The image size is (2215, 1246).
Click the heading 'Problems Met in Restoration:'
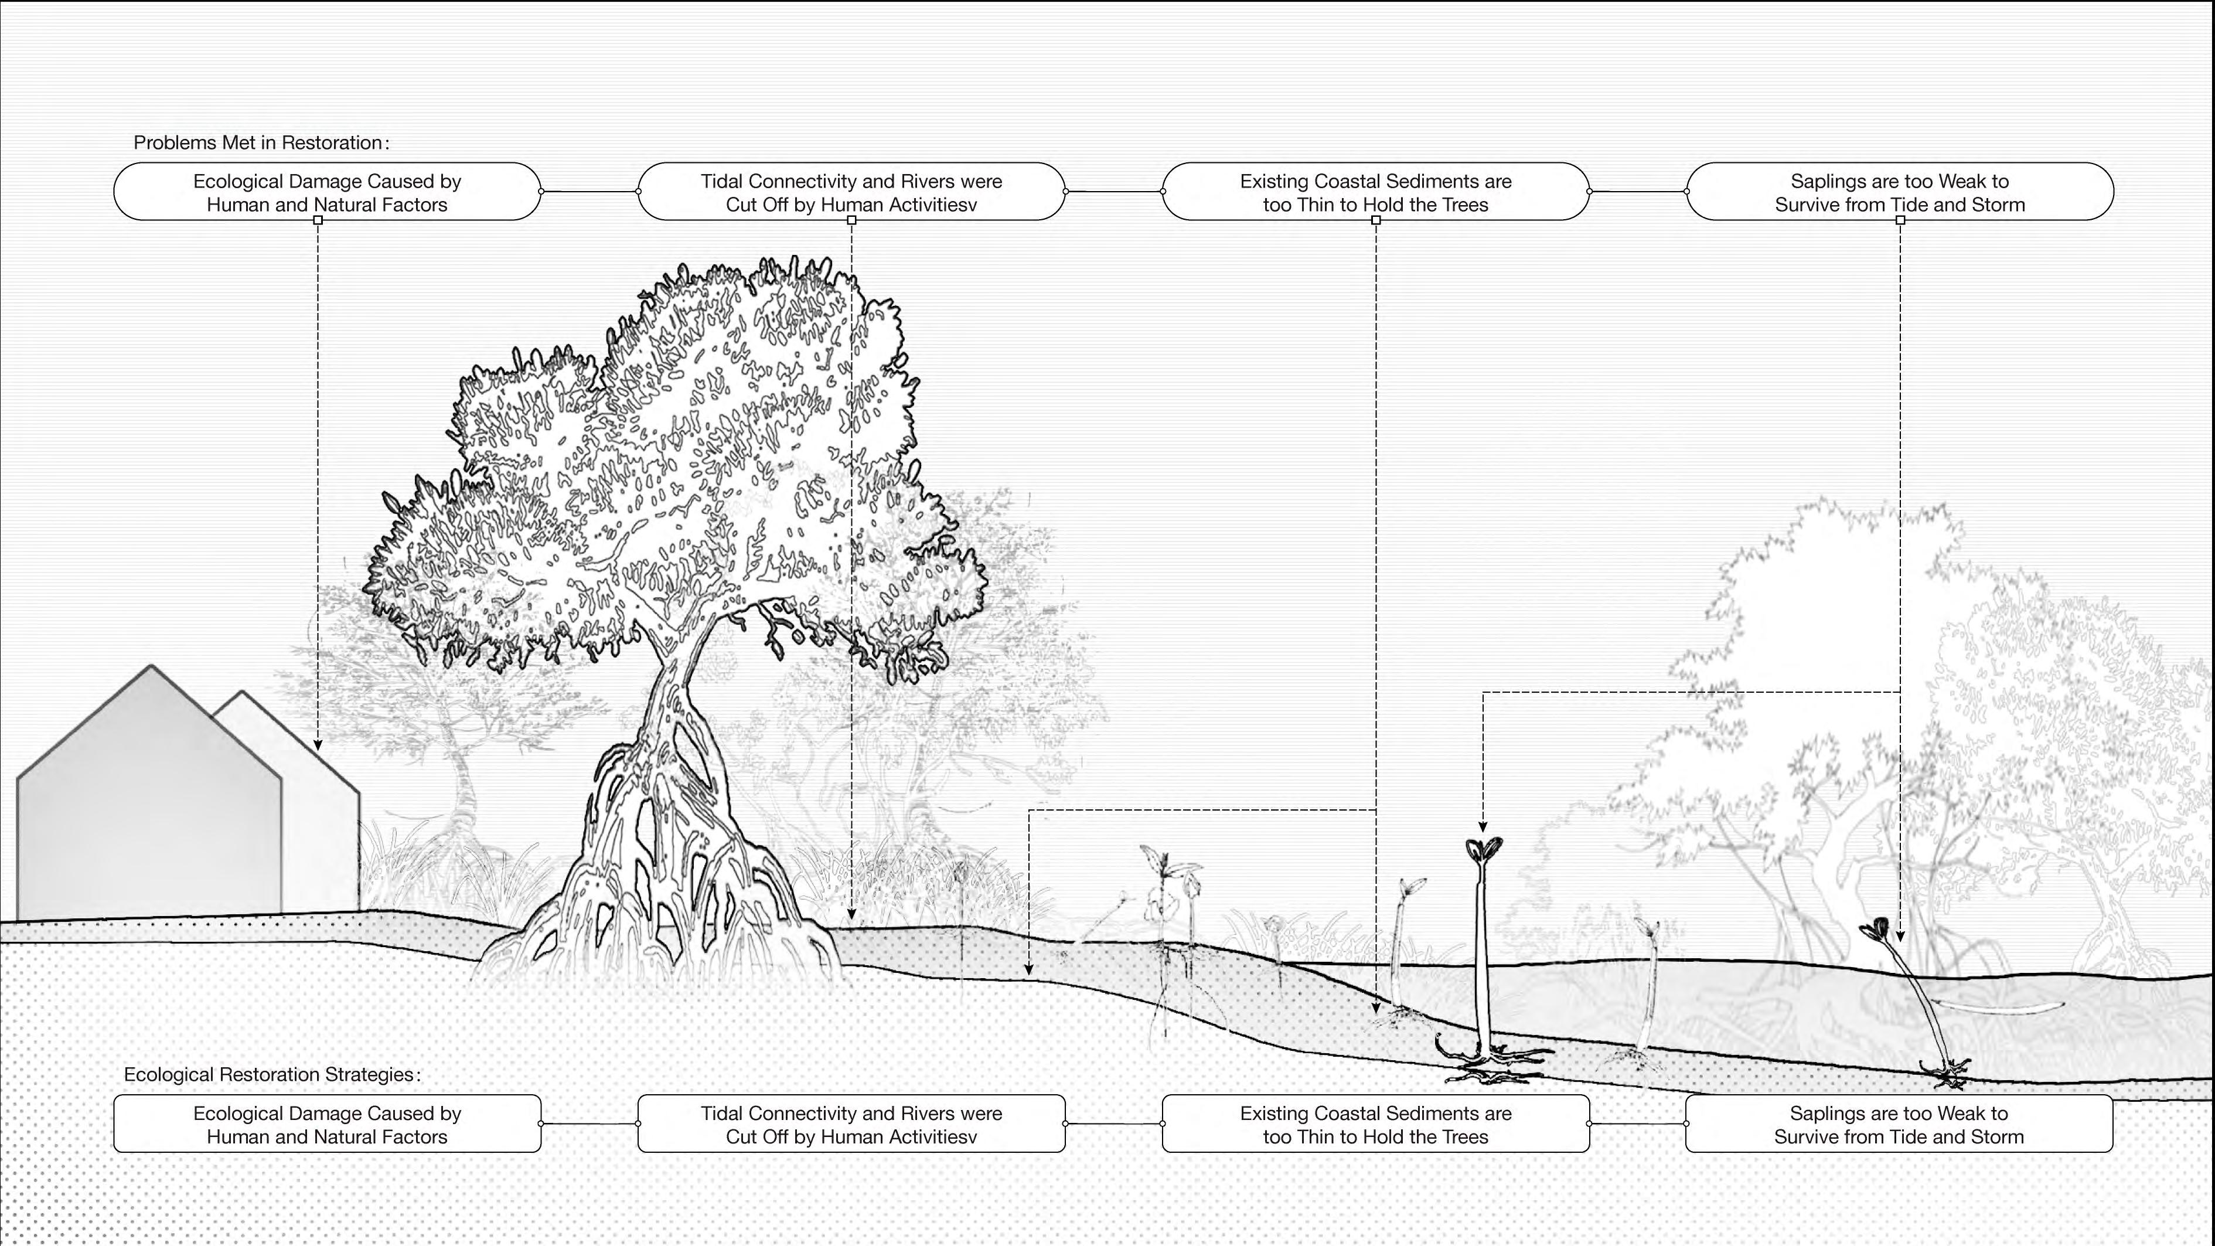261,143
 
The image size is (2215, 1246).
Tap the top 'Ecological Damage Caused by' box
327,192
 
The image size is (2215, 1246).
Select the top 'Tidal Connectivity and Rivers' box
851,192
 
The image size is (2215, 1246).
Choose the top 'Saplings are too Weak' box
1899,192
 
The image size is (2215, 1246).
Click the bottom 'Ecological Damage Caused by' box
327,1124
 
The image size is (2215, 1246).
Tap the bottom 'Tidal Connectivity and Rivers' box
851,1124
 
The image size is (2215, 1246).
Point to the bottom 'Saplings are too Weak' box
1899,1124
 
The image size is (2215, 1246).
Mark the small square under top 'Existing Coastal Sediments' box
1376,221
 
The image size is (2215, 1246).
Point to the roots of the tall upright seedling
1492,1063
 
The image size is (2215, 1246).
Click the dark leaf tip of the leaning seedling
1875,929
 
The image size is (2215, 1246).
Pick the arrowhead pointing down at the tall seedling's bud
1483,826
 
